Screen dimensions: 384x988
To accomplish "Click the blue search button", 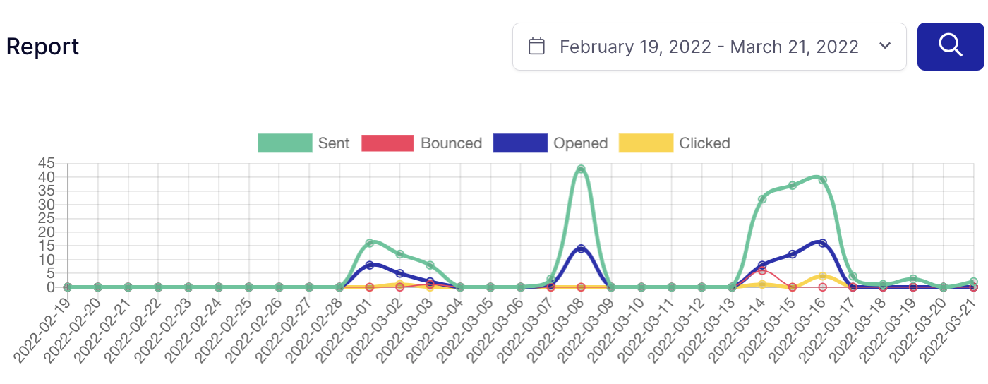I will pyautogui.click(x=951, y=46).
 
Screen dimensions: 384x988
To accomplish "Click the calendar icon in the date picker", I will pyautogui.click(x=537, y=47).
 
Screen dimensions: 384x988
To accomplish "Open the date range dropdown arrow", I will pyautogui.click(x=885, y=47).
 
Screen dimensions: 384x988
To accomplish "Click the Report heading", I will pyautogui.click(x=42, y=47).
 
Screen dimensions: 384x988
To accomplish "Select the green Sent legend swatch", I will pyautogui.click(x=285, y=143).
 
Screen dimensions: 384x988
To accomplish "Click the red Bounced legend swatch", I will pyautogui.click(x=387, y=143).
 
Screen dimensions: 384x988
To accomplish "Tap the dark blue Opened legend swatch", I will pyautogui.click(x=520, y=143).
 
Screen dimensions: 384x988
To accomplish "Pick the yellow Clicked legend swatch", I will pyautogui.click(x=646, y=143).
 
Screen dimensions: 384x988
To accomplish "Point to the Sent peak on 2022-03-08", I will pyautogui.click(x=581, y=169).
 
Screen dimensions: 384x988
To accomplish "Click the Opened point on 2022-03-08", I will pyautogui.click(x=581, y=248).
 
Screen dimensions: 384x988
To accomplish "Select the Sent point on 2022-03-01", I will pyautogui.click(x=369, y=243).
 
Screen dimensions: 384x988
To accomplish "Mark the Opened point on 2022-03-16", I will pyautogui.click(x=822, y=243).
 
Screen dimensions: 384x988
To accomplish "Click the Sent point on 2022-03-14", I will pyautogui.click(x=762, y=199).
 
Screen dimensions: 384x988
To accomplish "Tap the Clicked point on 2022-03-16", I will pyautogui.click(x=822, y=276).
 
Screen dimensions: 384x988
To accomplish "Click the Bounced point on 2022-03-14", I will pyautogui.click(x=762, y=270).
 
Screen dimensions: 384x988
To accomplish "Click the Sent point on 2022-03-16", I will pyautogui.click(x=822, y=180).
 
